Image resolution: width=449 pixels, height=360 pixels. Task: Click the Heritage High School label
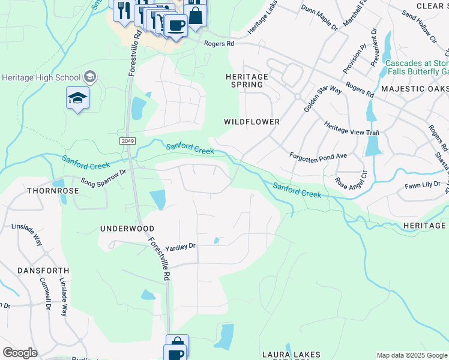coord(41,77)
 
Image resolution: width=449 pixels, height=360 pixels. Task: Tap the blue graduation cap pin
coord(77,98)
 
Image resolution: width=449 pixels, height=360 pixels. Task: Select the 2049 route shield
coord(127,140)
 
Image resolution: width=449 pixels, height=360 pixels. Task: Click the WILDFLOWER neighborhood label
coord(252,122)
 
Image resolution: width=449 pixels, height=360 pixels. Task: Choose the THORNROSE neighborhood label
coord(53,190)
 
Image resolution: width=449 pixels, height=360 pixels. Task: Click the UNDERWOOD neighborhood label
coord(127,229)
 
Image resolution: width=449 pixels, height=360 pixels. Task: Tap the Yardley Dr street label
coord(181,246)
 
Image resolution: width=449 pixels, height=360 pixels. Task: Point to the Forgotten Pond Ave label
coord(318,155)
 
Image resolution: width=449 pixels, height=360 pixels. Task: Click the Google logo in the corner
coord(20,353)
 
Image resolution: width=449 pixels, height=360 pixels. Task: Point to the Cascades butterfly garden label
coord(417,67)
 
